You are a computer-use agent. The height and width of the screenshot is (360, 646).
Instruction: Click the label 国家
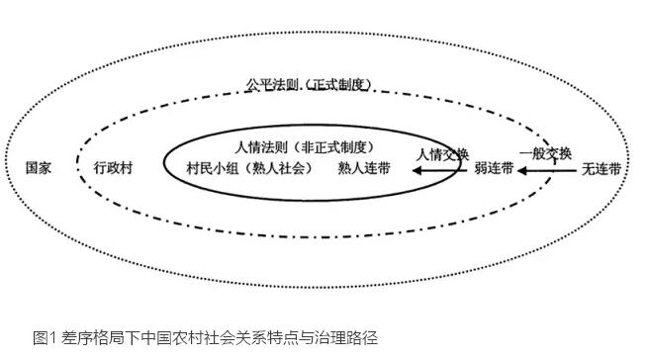tap(40, 168)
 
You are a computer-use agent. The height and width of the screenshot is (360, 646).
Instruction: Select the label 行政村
tap(112, 168)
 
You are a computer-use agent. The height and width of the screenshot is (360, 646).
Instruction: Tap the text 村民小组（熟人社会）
tap(249, 168)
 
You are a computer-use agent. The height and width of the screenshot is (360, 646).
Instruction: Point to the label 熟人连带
tap(364, 168)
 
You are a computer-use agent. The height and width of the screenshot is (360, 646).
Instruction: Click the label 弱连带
tap(494, 169)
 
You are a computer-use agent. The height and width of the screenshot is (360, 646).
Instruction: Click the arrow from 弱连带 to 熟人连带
tap(442, 170)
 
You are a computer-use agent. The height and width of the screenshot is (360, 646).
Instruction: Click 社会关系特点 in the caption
tap(244, 337)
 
